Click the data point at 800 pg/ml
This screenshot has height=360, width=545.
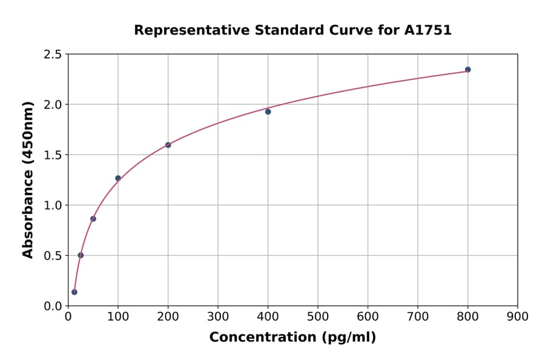click(467, 70)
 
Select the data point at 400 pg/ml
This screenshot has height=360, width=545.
click(268, 112)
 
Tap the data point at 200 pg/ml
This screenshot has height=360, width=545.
click(168, 145)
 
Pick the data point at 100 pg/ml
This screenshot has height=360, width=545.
click(118, 178)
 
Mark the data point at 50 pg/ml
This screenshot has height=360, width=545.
click(93, 219)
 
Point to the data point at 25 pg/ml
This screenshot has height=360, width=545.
click(81, 255)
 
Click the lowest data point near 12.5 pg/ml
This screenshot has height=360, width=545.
click(74, 292)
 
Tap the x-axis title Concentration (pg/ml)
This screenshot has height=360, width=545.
click(292, 338)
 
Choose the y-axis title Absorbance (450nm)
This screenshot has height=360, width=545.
click(28, 179)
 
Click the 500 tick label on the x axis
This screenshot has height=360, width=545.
click(318, 316)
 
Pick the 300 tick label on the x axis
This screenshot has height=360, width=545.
click(218, 316)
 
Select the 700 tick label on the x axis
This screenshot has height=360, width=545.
click(418, 316)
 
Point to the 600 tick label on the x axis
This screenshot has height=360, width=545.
click(368, 316)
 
